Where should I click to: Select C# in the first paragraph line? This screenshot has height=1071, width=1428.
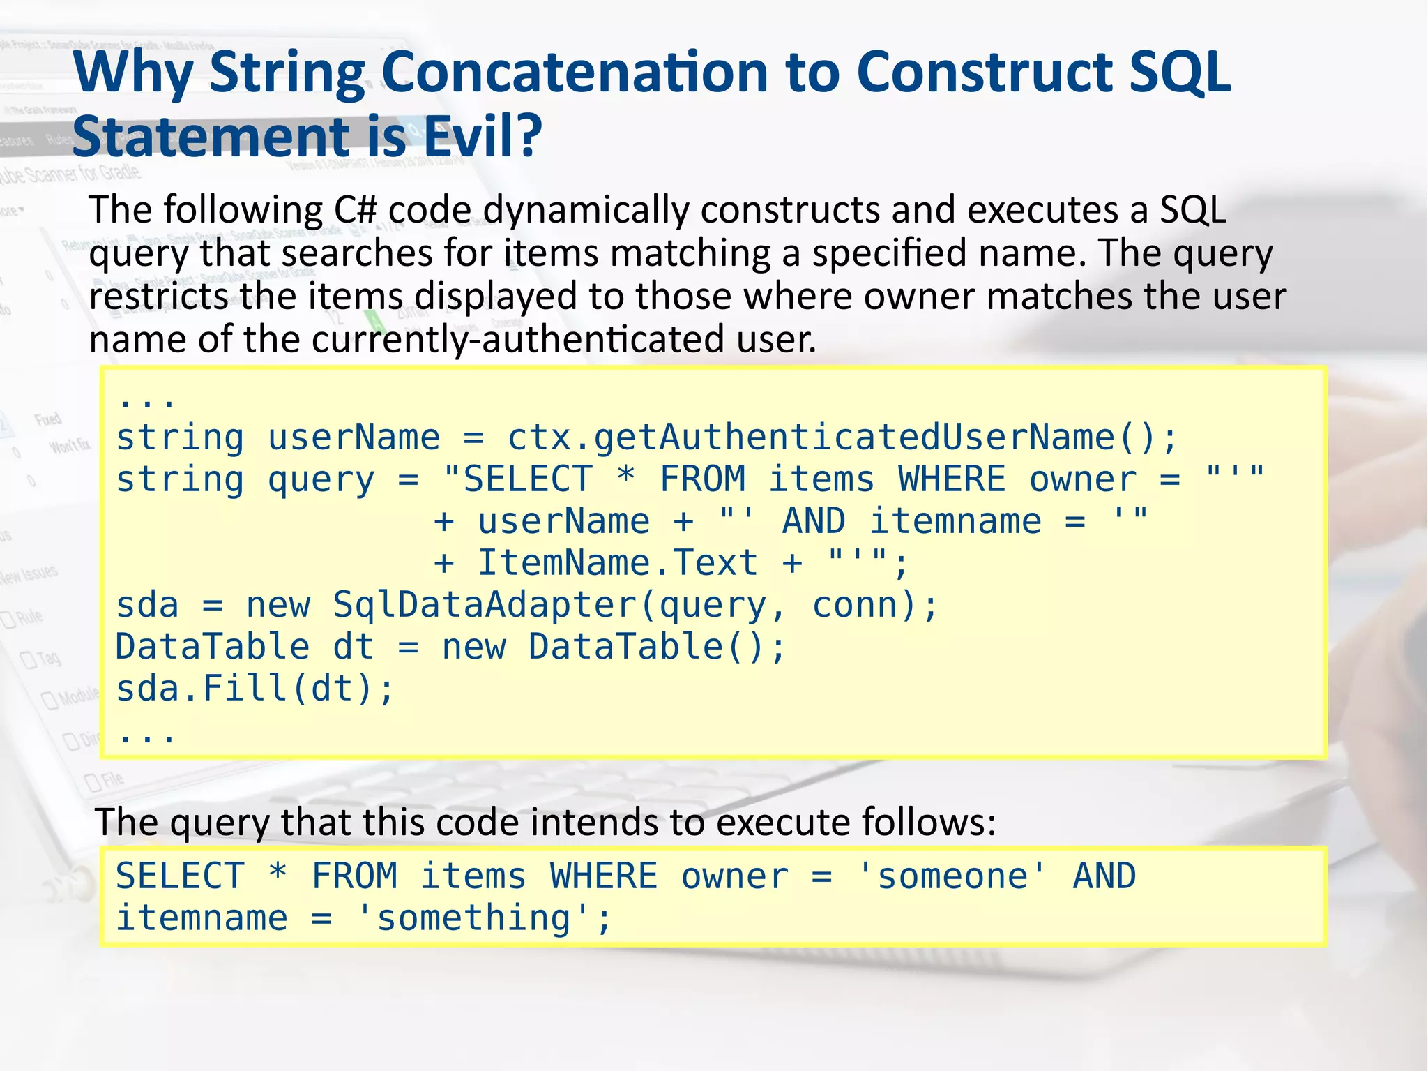(x=356, y=209)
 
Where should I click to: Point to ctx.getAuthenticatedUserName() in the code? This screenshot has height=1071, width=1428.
(x=841, y=438)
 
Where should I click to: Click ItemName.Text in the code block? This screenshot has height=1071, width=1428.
(x=617, y=563)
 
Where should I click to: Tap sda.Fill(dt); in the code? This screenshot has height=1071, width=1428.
(x=255, y=689)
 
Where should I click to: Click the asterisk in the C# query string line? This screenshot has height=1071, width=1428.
(x=626, y=479)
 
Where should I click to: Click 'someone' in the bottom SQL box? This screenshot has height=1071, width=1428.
(x=952, y=876)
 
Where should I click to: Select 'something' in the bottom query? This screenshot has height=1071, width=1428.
(x=473, y=918)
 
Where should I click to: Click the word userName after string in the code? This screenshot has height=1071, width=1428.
(x=354, y=438)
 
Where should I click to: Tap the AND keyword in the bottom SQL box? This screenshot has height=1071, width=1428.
(x=1104, y=876)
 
